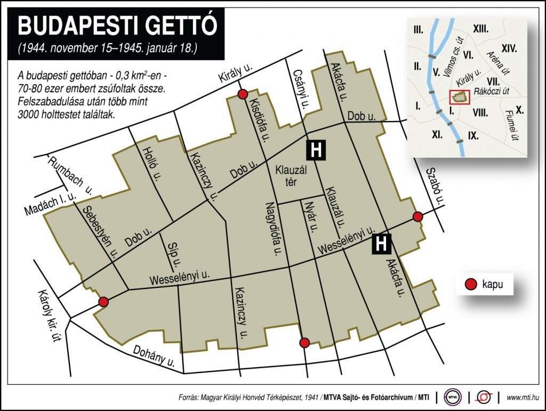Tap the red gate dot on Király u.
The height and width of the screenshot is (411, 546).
[x=243, y=94]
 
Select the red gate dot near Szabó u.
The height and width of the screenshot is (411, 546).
[x=418, y=216]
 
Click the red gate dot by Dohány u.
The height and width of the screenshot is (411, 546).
[x=304, y=342]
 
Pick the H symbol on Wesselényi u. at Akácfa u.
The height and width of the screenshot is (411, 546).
[x=381, y=244]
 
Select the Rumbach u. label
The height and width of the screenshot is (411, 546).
[x=70, y=173]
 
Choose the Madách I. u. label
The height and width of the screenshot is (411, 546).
[x=51, y=203]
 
